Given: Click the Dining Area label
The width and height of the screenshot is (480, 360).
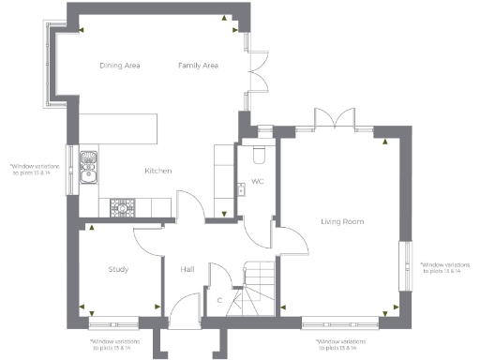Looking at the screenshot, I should pos(120,66).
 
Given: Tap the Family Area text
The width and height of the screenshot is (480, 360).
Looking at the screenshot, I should pos(198,66).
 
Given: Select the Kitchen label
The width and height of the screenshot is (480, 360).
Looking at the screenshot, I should pos(157,171).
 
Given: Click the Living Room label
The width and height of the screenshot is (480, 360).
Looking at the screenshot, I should pos(341,221).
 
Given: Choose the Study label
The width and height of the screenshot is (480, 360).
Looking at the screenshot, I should pos(118,270).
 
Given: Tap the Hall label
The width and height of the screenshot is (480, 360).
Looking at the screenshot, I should pos(186,270).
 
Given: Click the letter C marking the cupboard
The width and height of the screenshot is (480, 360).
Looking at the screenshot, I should pos(219,300).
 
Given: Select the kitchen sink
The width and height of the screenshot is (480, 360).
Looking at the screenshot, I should pos(89,167).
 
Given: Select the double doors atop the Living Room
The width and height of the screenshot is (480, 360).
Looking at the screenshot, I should pos(335,120).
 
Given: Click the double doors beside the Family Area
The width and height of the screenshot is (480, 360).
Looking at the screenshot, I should pos(259,79).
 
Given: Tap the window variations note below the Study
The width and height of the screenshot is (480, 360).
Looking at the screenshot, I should pos(111,345).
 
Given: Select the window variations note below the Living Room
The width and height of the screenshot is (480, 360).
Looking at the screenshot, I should pos(340,345).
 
